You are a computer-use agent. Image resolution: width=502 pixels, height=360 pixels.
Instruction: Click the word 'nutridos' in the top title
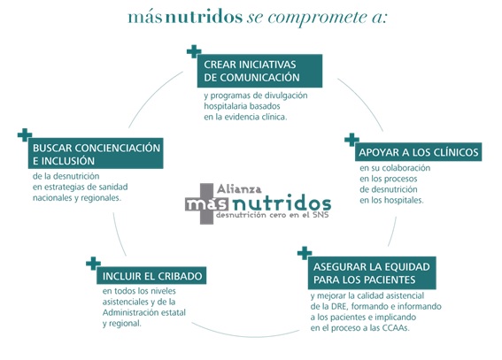click(204, 17)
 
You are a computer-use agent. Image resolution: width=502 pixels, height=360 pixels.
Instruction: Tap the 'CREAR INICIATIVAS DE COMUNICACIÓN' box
click(259, 71)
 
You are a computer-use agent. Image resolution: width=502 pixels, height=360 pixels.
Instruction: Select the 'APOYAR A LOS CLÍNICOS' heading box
click(418, 152)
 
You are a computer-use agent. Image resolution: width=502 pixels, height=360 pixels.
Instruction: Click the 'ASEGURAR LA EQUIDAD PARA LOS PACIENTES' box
click(372, 272)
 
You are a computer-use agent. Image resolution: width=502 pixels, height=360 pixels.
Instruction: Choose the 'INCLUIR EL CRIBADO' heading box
click(151, 276)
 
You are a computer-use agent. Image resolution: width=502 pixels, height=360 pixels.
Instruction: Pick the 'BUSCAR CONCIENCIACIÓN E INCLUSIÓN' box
click(96, 153)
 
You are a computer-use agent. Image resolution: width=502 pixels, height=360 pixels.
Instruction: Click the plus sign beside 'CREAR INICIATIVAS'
click(194, 51)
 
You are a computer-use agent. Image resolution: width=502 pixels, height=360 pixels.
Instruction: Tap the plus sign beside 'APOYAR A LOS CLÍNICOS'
click(351, 140)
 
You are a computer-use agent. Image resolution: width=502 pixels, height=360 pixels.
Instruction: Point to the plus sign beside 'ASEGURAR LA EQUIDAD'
click(305, 253)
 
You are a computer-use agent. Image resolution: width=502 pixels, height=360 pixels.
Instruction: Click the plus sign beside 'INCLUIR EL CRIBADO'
click(93, 264)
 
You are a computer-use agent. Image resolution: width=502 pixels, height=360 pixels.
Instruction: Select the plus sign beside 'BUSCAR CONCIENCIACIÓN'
click(25, 135)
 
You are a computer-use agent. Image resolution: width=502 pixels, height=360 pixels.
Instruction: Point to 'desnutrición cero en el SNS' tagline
click(273, 215)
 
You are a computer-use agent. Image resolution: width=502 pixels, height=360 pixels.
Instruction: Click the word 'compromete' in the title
click(317, 18)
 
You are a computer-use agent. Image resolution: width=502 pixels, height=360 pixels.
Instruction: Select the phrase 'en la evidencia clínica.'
click(245, 117)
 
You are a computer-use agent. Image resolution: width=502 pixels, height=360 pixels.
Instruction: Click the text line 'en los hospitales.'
click(391, 201)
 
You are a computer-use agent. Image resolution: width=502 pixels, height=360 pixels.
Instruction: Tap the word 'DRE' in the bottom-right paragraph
click(339, 306)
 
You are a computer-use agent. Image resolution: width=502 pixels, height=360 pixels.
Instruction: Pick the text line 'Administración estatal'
click(144, 312)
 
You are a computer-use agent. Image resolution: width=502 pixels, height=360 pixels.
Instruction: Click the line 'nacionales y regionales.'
click(77, 198)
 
